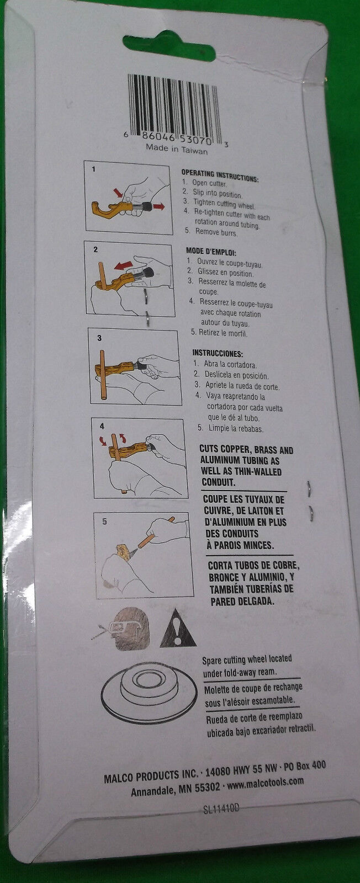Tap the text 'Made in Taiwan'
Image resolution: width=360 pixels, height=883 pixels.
(177, 149)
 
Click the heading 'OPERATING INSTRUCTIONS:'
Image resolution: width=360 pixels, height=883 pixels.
(220, 175)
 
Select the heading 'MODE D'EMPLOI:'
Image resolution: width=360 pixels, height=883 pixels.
(211, 252)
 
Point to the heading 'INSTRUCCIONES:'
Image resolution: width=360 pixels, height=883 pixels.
(217, 353)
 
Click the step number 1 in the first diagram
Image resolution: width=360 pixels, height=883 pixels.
(93, 169)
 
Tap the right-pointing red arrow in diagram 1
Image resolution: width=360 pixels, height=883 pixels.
(158, 206)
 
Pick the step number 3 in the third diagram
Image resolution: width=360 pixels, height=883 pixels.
(99, 338)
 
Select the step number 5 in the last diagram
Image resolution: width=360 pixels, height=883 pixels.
(104, 522)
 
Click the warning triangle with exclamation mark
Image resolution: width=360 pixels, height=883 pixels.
(178, 629)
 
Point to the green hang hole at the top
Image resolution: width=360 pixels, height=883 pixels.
(169, 45)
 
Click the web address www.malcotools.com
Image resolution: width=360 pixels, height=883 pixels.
(265, 781)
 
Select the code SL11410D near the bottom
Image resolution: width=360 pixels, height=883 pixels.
(221, 808)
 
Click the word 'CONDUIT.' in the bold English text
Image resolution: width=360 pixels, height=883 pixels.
(219, 482)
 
